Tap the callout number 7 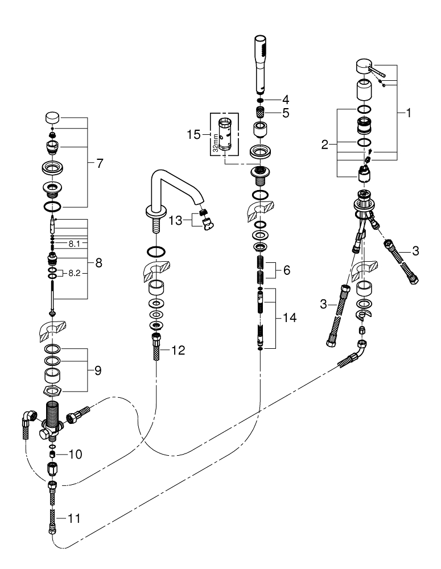tap(100, 163)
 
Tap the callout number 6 tap(286, 271)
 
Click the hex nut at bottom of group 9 tap(53, 390)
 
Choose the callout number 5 tap(286, 113)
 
